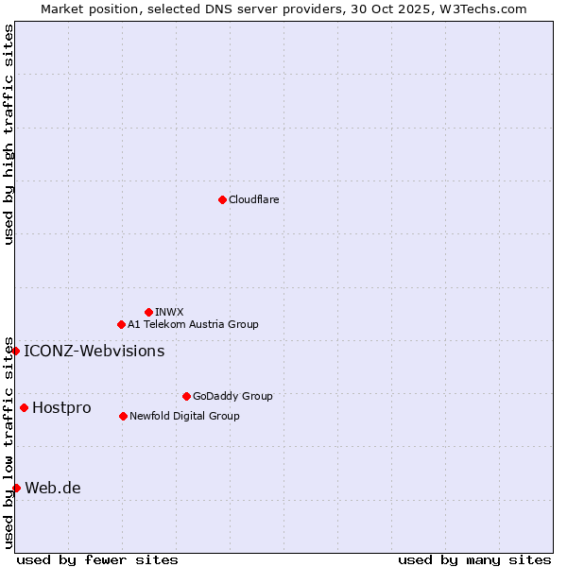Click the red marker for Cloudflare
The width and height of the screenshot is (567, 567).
[x=222, y=199]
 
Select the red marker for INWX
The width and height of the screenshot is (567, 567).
[x=148, y=312]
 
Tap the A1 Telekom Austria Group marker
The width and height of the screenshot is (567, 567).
[x=121, y=324]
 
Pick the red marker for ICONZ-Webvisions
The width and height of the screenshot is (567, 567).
[x=15, y=351]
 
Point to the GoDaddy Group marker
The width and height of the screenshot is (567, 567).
[x=186, y=396]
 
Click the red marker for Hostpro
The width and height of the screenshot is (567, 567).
[x=24, y=407]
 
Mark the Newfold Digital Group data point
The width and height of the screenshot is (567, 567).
[x=123, y=416]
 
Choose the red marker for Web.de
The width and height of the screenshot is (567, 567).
[x=16, y=488]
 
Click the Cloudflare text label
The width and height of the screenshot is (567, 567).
[x=253, y=199]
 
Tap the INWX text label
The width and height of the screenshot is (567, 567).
[x=169, y=312]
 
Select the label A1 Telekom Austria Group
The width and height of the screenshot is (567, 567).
[x=193, y=324]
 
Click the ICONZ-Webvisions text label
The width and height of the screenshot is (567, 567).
[x=94, y=351]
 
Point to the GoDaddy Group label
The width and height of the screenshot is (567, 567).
[x=232, y=396]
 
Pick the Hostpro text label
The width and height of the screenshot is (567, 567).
[x=61, y=407]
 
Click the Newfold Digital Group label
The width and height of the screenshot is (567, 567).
[x=184, y=416]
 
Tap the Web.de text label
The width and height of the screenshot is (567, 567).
[x=53, y=488]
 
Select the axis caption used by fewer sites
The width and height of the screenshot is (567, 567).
[x=97, y=559]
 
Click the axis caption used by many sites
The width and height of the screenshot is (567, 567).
[x=473, y=559]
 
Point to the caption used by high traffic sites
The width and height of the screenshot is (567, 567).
[x=9, y=134]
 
